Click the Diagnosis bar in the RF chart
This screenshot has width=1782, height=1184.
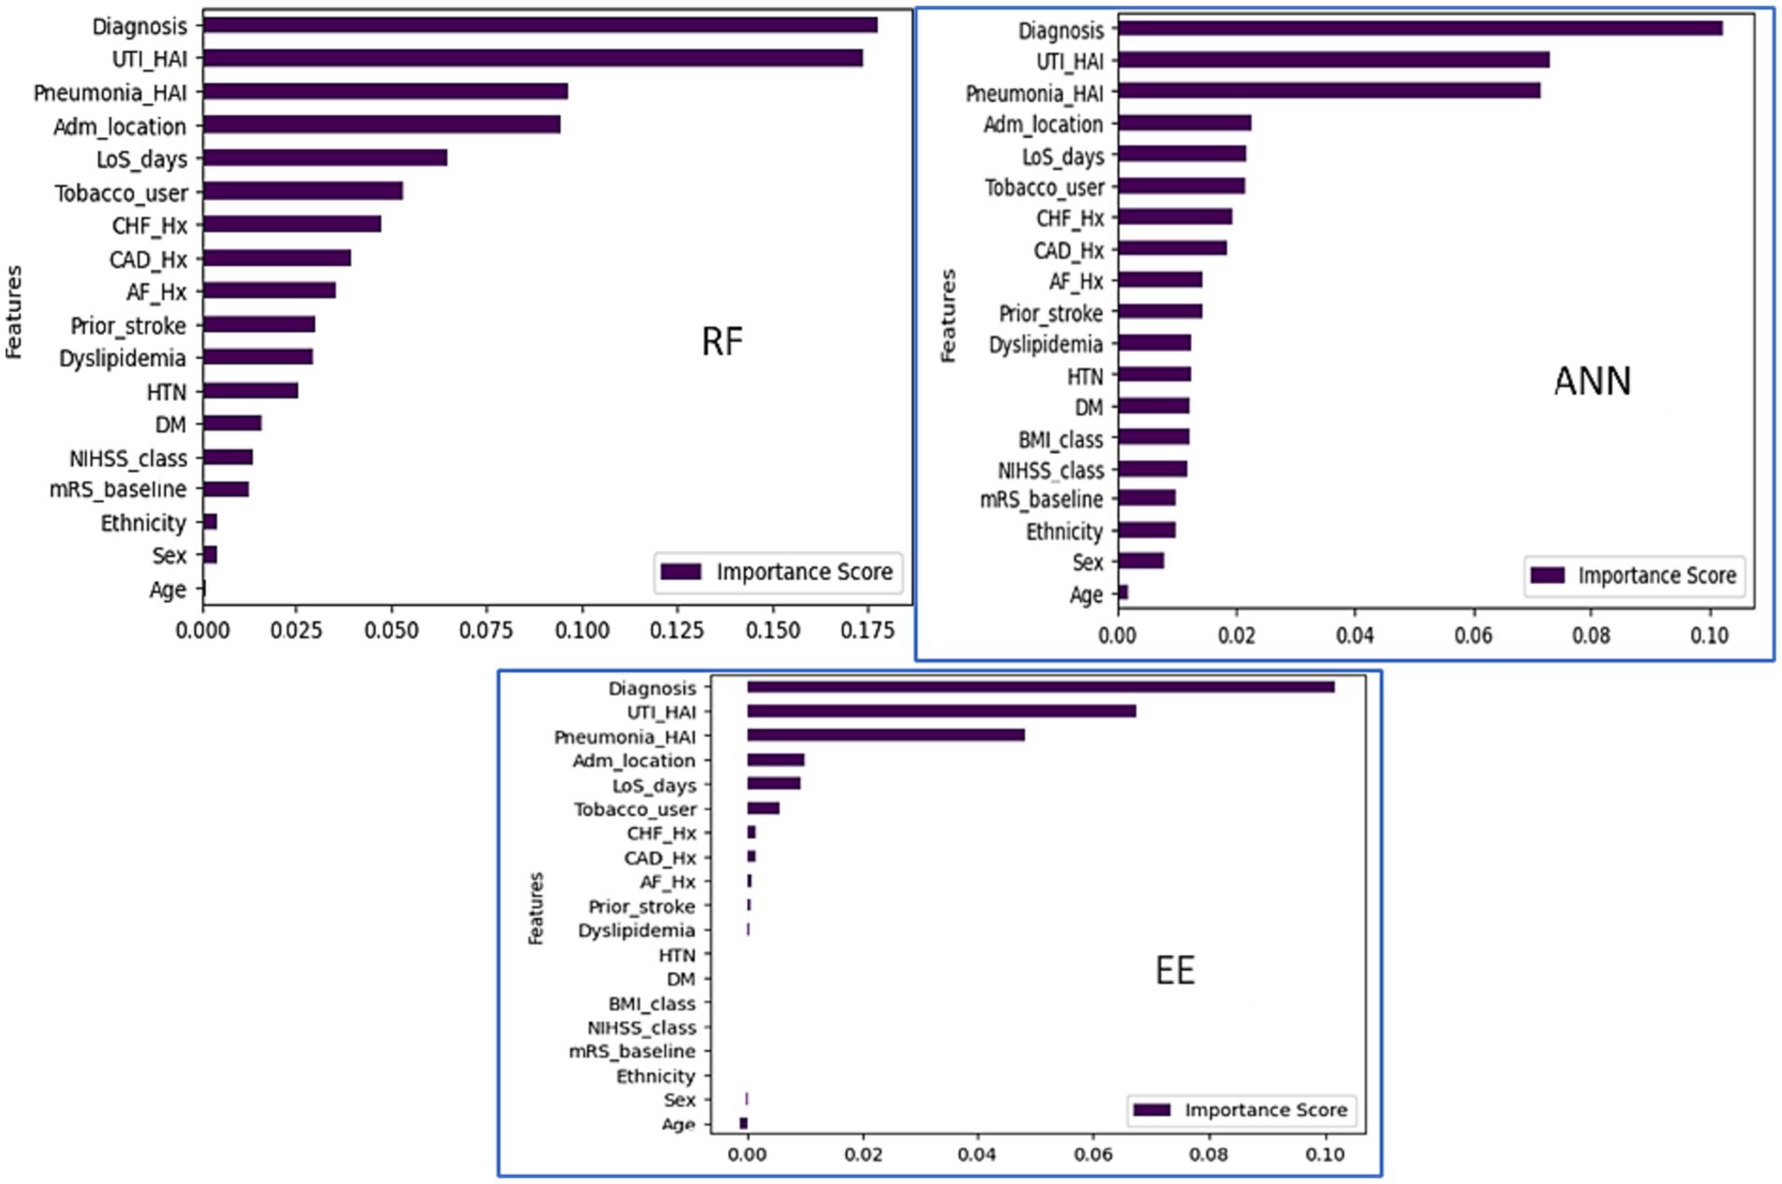click(x=540, y=25)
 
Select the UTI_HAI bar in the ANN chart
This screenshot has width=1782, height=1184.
click(x=1332, y=60)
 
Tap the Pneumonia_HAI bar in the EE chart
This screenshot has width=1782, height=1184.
click(x=884, y=735)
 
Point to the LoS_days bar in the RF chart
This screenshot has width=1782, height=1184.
click(x=324, y=157)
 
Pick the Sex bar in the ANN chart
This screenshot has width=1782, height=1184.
click(x=1140, y=561)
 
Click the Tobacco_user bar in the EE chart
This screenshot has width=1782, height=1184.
click(x=763, y=808)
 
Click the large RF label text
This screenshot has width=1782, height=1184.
click(x=721, y=341)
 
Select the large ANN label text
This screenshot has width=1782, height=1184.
click(x=1592, y=382)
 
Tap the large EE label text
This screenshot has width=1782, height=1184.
click(x=1174, y=970)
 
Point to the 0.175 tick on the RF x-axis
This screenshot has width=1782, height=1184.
click(x=867, y=630)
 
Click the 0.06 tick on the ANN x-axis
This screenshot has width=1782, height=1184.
click(x=1473, y=636)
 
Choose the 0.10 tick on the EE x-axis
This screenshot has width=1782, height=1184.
click(x=1324, y=1154)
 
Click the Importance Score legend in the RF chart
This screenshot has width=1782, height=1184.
click(x=779, y=572)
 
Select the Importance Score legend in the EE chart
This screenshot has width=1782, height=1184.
click(x=1241, y=1110)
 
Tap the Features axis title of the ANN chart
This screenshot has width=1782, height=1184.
click(x=948, y=316)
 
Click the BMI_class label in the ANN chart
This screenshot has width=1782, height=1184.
click(x=1060, y=439)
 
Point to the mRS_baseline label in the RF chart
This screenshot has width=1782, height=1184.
click(x=118, y=489)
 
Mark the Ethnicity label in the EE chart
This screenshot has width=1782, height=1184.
click(x=655, y=1076)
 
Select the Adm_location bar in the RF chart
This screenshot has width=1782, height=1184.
click(x=381, y=124)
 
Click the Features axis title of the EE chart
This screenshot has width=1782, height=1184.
click(x=536, y=907)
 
